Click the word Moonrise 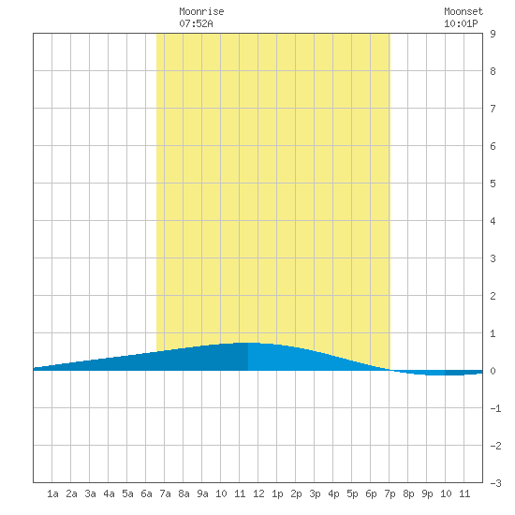[201, 11]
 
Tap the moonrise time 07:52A [196, 23]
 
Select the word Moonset [463, 11]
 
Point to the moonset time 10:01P [461, 23]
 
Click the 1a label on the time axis [52, 493]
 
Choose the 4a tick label [109, 493]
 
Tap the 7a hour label [165, 493]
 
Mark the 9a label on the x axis [202, 493]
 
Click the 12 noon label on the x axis [258, 493]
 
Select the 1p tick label [277, 493]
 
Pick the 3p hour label [315, 493]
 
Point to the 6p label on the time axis [371, 493]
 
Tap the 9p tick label [427, 493]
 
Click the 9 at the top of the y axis [493, 34]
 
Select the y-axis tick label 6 [493, 146]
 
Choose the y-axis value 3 [493, 258]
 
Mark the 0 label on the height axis [493, 371]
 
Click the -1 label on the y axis [495, 408]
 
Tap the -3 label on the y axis [495, 483]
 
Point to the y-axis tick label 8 [493, 71]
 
